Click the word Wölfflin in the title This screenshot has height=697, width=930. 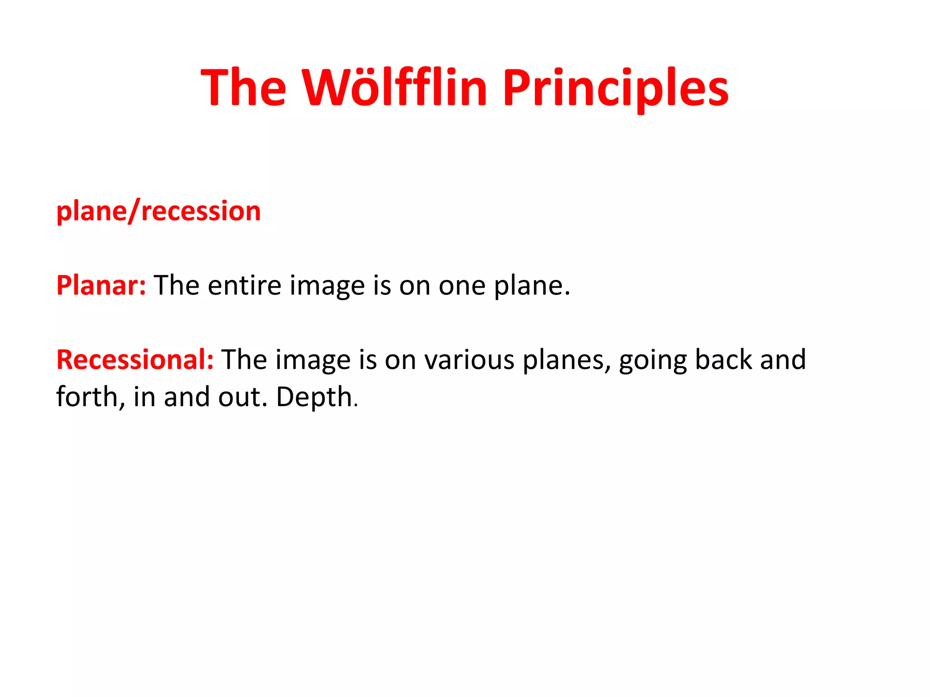coord(395,88)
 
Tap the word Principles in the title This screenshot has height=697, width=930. coord(615,88)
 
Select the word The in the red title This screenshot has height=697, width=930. coord(244,88)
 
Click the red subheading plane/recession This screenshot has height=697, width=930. coord(158,211)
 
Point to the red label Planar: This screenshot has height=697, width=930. coord(101,285)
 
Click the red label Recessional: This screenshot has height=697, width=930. coord(135,360)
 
